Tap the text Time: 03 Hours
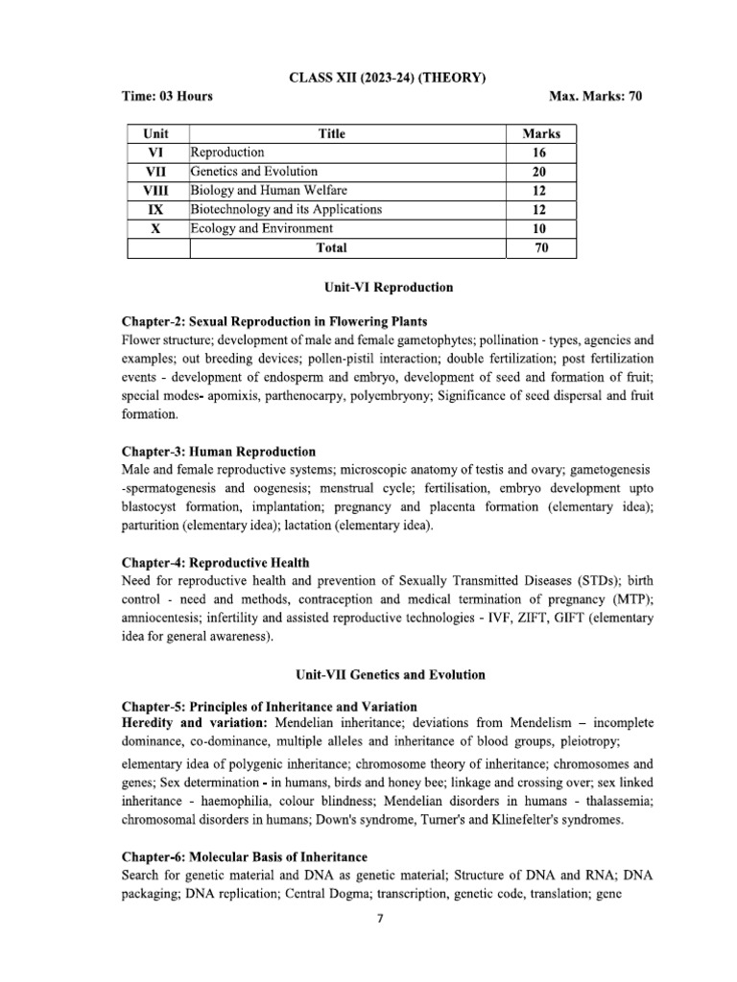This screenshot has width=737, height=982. click(168, 97)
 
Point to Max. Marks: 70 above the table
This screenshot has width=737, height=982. click(594, 97)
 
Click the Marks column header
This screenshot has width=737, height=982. click(541, 133)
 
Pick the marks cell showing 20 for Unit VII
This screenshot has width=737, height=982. click(541, 171)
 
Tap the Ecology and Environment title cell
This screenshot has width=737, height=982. click(262, 228)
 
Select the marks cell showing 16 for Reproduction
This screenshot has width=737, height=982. click(541, 152)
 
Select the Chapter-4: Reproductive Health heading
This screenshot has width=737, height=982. click(216, 563)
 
